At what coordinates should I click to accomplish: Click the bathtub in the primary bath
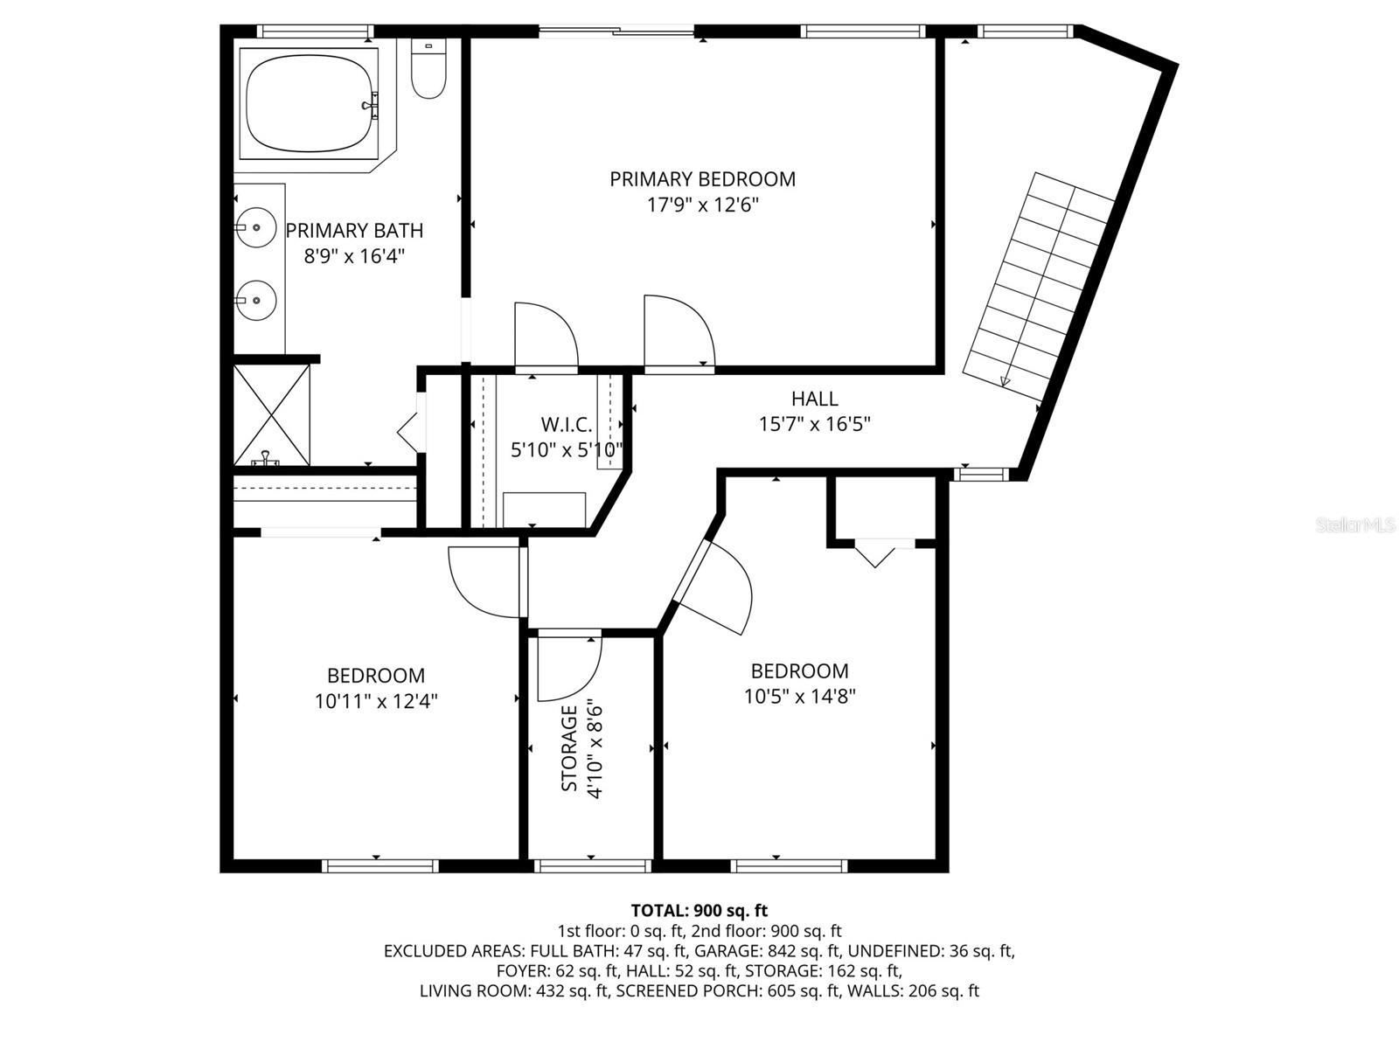pyautogui.click(x=310, y=103)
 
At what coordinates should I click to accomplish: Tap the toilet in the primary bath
pyautogui.click(x=428, y=68)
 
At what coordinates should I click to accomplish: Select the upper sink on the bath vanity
pyautogui.click(x=255, y=226)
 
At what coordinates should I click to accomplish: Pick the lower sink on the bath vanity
pyautogui.click(x=255, y=300)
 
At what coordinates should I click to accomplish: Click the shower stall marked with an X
pyautogui.click(x=272, y=414)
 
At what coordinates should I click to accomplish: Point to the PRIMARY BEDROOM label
pyautogui.click(x=702, y=179)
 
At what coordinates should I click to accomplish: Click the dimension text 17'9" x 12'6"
pyautogui.click(x=702, y=205)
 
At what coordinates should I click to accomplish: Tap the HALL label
pyautogui.click(x=815, y=399)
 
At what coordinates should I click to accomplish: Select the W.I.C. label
pyautogui.click(x=567, y=424)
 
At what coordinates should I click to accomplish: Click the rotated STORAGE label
pyautogui.click(x=568, y=747)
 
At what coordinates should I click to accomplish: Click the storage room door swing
pyautogui.click(x=569, y=669)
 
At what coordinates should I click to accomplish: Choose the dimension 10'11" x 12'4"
pyautogui.click(x=376, y=701)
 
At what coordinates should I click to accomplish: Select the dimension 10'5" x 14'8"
pyautogui.click(x=799, y=697)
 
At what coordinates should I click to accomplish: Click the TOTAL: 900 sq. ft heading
pyautogui.click(x=699, y=909)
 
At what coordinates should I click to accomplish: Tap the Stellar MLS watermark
pyautogui.click(x=1355, y=525)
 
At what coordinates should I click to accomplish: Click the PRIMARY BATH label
pyautogui.click(x=354, y=231)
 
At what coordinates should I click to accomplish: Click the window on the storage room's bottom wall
pyautogui.click(x=593, y=866)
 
